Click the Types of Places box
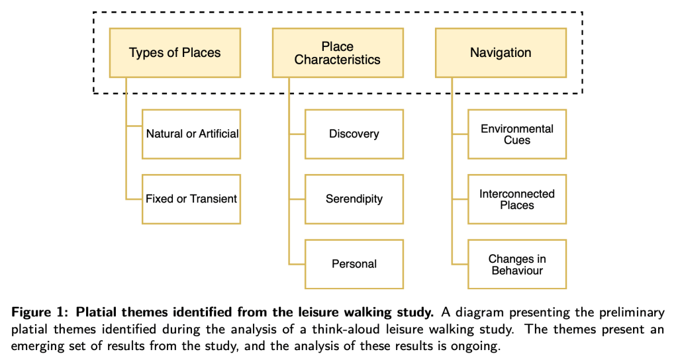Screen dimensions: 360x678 point(175,52)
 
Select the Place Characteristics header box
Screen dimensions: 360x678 point(338,52)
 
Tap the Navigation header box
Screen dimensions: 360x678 point(501,52)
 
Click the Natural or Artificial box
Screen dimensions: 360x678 point(191,134)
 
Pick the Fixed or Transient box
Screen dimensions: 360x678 point(191,199)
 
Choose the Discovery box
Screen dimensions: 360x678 point(354,134)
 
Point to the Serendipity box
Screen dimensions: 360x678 point(354,199)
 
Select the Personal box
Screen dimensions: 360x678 point(354,264)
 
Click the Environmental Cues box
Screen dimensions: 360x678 point(517,134)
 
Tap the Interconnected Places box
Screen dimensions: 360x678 point(517,199)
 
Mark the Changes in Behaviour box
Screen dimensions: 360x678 point(517,264)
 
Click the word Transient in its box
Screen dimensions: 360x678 point(213,199)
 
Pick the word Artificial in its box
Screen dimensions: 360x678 point(219,134)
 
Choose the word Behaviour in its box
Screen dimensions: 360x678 point(517,270)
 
